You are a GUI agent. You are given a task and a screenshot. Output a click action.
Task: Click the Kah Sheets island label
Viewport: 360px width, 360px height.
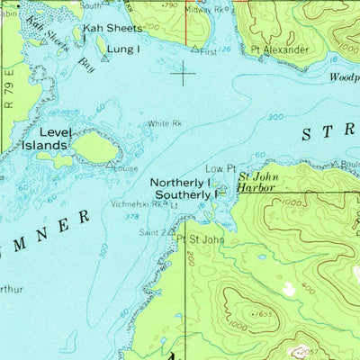pos(112,28)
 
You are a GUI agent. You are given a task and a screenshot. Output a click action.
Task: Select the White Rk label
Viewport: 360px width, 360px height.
pos(165,123)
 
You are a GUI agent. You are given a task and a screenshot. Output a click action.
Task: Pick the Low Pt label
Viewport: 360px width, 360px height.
pos(220,168)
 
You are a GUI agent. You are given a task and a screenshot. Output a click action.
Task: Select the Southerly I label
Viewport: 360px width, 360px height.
pos(185,194)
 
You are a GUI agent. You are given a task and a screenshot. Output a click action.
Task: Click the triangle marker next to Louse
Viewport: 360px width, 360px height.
pos(111,166)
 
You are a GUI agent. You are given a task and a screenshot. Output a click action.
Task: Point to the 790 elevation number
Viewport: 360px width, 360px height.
pos(167,5)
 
